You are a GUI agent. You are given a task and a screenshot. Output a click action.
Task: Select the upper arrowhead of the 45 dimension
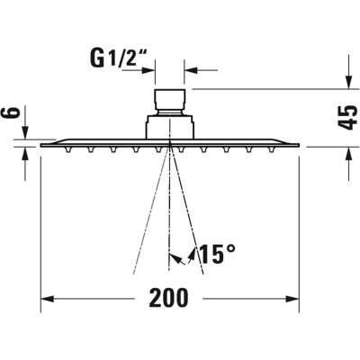click(346, 83)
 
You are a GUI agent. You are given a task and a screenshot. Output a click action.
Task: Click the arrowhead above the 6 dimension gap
click(24, 134)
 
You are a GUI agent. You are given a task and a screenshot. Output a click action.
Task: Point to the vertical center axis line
click(170, 207)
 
